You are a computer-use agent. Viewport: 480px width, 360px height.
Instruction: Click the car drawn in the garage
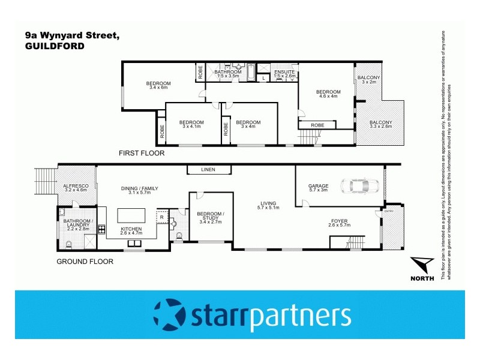(x=358, y=187)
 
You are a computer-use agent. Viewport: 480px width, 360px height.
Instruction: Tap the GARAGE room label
(x=319, y=186)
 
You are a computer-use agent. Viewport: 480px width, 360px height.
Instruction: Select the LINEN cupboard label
(x=208, y=170)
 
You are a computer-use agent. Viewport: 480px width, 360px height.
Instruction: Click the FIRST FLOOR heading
(x=141, y=153)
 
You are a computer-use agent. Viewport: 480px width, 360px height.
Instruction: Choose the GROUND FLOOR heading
(x=85, y=262)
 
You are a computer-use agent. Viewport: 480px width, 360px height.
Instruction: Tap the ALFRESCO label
(x=76, y=187)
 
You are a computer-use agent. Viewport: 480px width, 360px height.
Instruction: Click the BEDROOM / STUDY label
(x=211, y=217)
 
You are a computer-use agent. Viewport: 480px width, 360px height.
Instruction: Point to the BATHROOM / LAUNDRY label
(x=76, y=224)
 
